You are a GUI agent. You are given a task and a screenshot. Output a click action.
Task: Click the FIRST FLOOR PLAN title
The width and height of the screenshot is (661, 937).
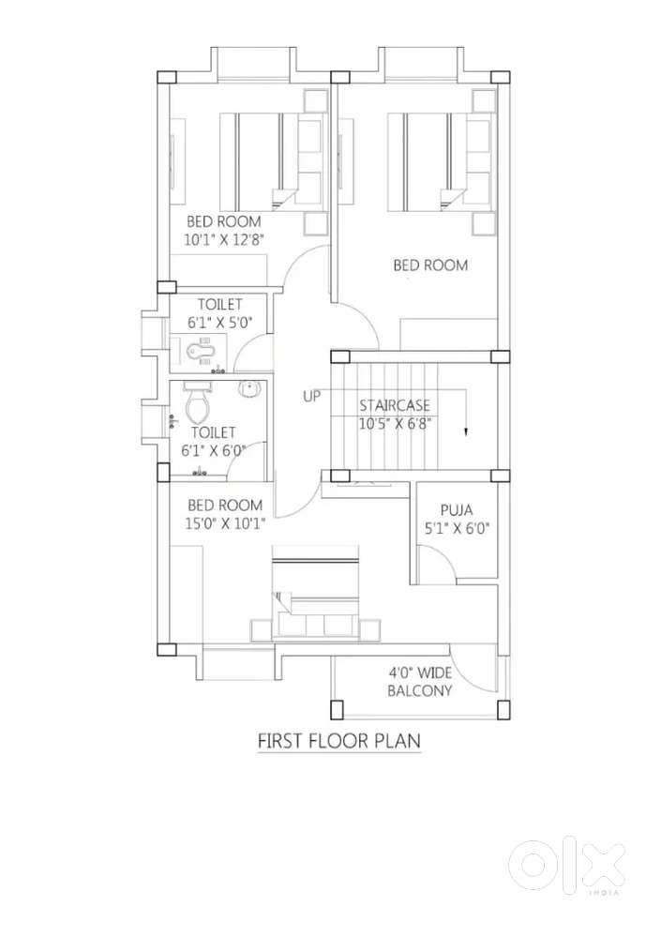tap(339, 741)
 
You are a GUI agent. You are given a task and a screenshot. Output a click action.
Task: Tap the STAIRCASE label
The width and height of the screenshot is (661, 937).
tap(394, 406)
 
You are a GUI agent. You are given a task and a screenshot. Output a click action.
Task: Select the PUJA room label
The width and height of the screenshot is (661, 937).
tap(457, 509)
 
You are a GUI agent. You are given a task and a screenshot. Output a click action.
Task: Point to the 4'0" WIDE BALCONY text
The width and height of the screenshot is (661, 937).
tap(420, 682)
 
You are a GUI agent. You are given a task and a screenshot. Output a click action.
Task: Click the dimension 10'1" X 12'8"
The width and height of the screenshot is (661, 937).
tap(224, 240)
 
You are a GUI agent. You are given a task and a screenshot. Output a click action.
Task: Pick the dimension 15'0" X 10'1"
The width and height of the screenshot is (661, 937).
tap(225, 524)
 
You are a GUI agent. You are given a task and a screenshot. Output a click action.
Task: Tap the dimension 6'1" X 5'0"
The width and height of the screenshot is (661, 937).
tap(220, 323)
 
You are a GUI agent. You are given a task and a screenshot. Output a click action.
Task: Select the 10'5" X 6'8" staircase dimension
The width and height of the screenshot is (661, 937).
tap(395, 424)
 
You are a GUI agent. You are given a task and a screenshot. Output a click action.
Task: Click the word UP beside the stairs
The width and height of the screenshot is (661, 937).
tap(311, 396)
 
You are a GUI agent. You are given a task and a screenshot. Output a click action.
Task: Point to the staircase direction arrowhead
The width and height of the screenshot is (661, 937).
tap(466, 433)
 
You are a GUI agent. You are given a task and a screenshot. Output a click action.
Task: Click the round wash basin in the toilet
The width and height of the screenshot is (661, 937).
tap(249, 389)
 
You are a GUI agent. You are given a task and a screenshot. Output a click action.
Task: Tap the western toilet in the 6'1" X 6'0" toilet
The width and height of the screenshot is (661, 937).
tap(198, 402)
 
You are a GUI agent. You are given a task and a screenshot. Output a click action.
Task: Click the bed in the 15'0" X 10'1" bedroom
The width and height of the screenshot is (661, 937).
tap(315, 592)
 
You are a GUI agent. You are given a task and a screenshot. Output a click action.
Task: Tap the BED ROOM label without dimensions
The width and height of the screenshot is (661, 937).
tap(430, 264)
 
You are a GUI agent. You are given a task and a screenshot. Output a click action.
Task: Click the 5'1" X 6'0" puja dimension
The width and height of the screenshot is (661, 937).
tap(457, 529)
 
